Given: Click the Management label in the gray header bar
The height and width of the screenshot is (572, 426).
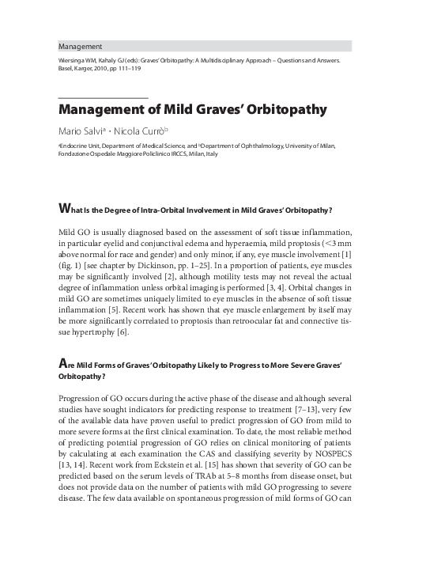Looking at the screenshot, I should tap(81, 46).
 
